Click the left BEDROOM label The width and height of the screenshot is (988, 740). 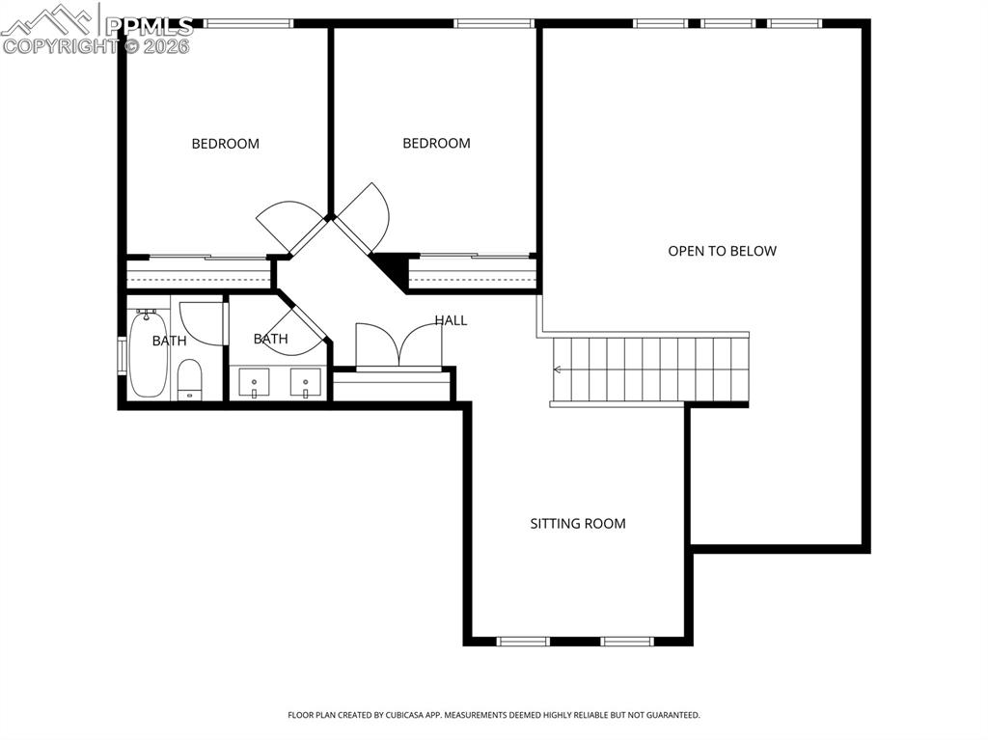[225, 144]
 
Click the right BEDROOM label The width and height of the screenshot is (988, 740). [436, 143]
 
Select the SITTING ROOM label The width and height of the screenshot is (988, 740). [577, 524]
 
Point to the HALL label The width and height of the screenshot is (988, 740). [451, 320]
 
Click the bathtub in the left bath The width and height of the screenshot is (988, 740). [148, 354]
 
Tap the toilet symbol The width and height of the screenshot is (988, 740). [190, 379]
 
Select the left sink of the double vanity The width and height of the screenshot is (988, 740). [255, 383]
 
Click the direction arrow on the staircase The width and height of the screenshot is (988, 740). [559, 370]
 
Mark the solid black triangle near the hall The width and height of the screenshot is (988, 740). [394, 268]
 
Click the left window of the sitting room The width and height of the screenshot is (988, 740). [523, 641]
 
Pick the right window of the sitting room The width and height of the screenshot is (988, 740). [627, 641]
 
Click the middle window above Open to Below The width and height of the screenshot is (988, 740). [728, 23]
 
